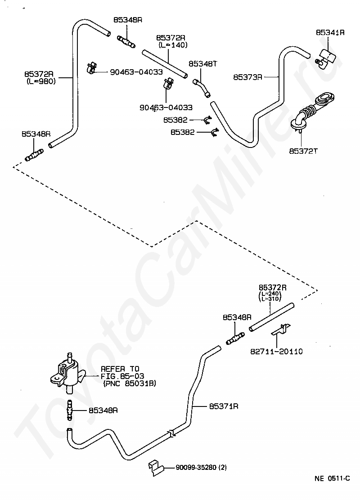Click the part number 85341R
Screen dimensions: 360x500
(x=330, y=32)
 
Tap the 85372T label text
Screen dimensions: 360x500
(x=303, y=151)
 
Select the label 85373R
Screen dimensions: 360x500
(x=247, y=77)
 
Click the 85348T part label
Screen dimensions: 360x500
(x=202, y=64)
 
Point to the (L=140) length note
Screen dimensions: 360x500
(x=173, y=45)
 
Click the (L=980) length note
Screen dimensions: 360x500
(x=41, y=81)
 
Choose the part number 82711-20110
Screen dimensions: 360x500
(x=276, y=352)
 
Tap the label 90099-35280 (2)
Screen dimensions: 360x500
(x=201, y=468)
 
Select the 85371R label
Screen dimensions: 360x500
(x=224, y=406)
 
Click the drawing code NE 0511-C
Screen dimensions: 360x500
(x=332, y=478)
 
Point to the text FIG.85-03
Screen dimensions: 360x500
(x=122, y=376)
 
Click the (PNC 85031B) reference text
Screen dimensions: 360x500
(x=129, y=383)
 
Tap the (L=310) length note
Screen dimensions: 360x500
(x=270, y=299)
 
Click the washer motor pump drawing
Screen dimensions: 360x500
(x=68, y=372)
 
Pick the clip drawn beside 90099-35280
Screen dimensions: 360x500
(x=156, y=468)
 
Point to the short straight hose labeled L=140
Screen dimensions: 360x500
(x=164, y=63)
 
